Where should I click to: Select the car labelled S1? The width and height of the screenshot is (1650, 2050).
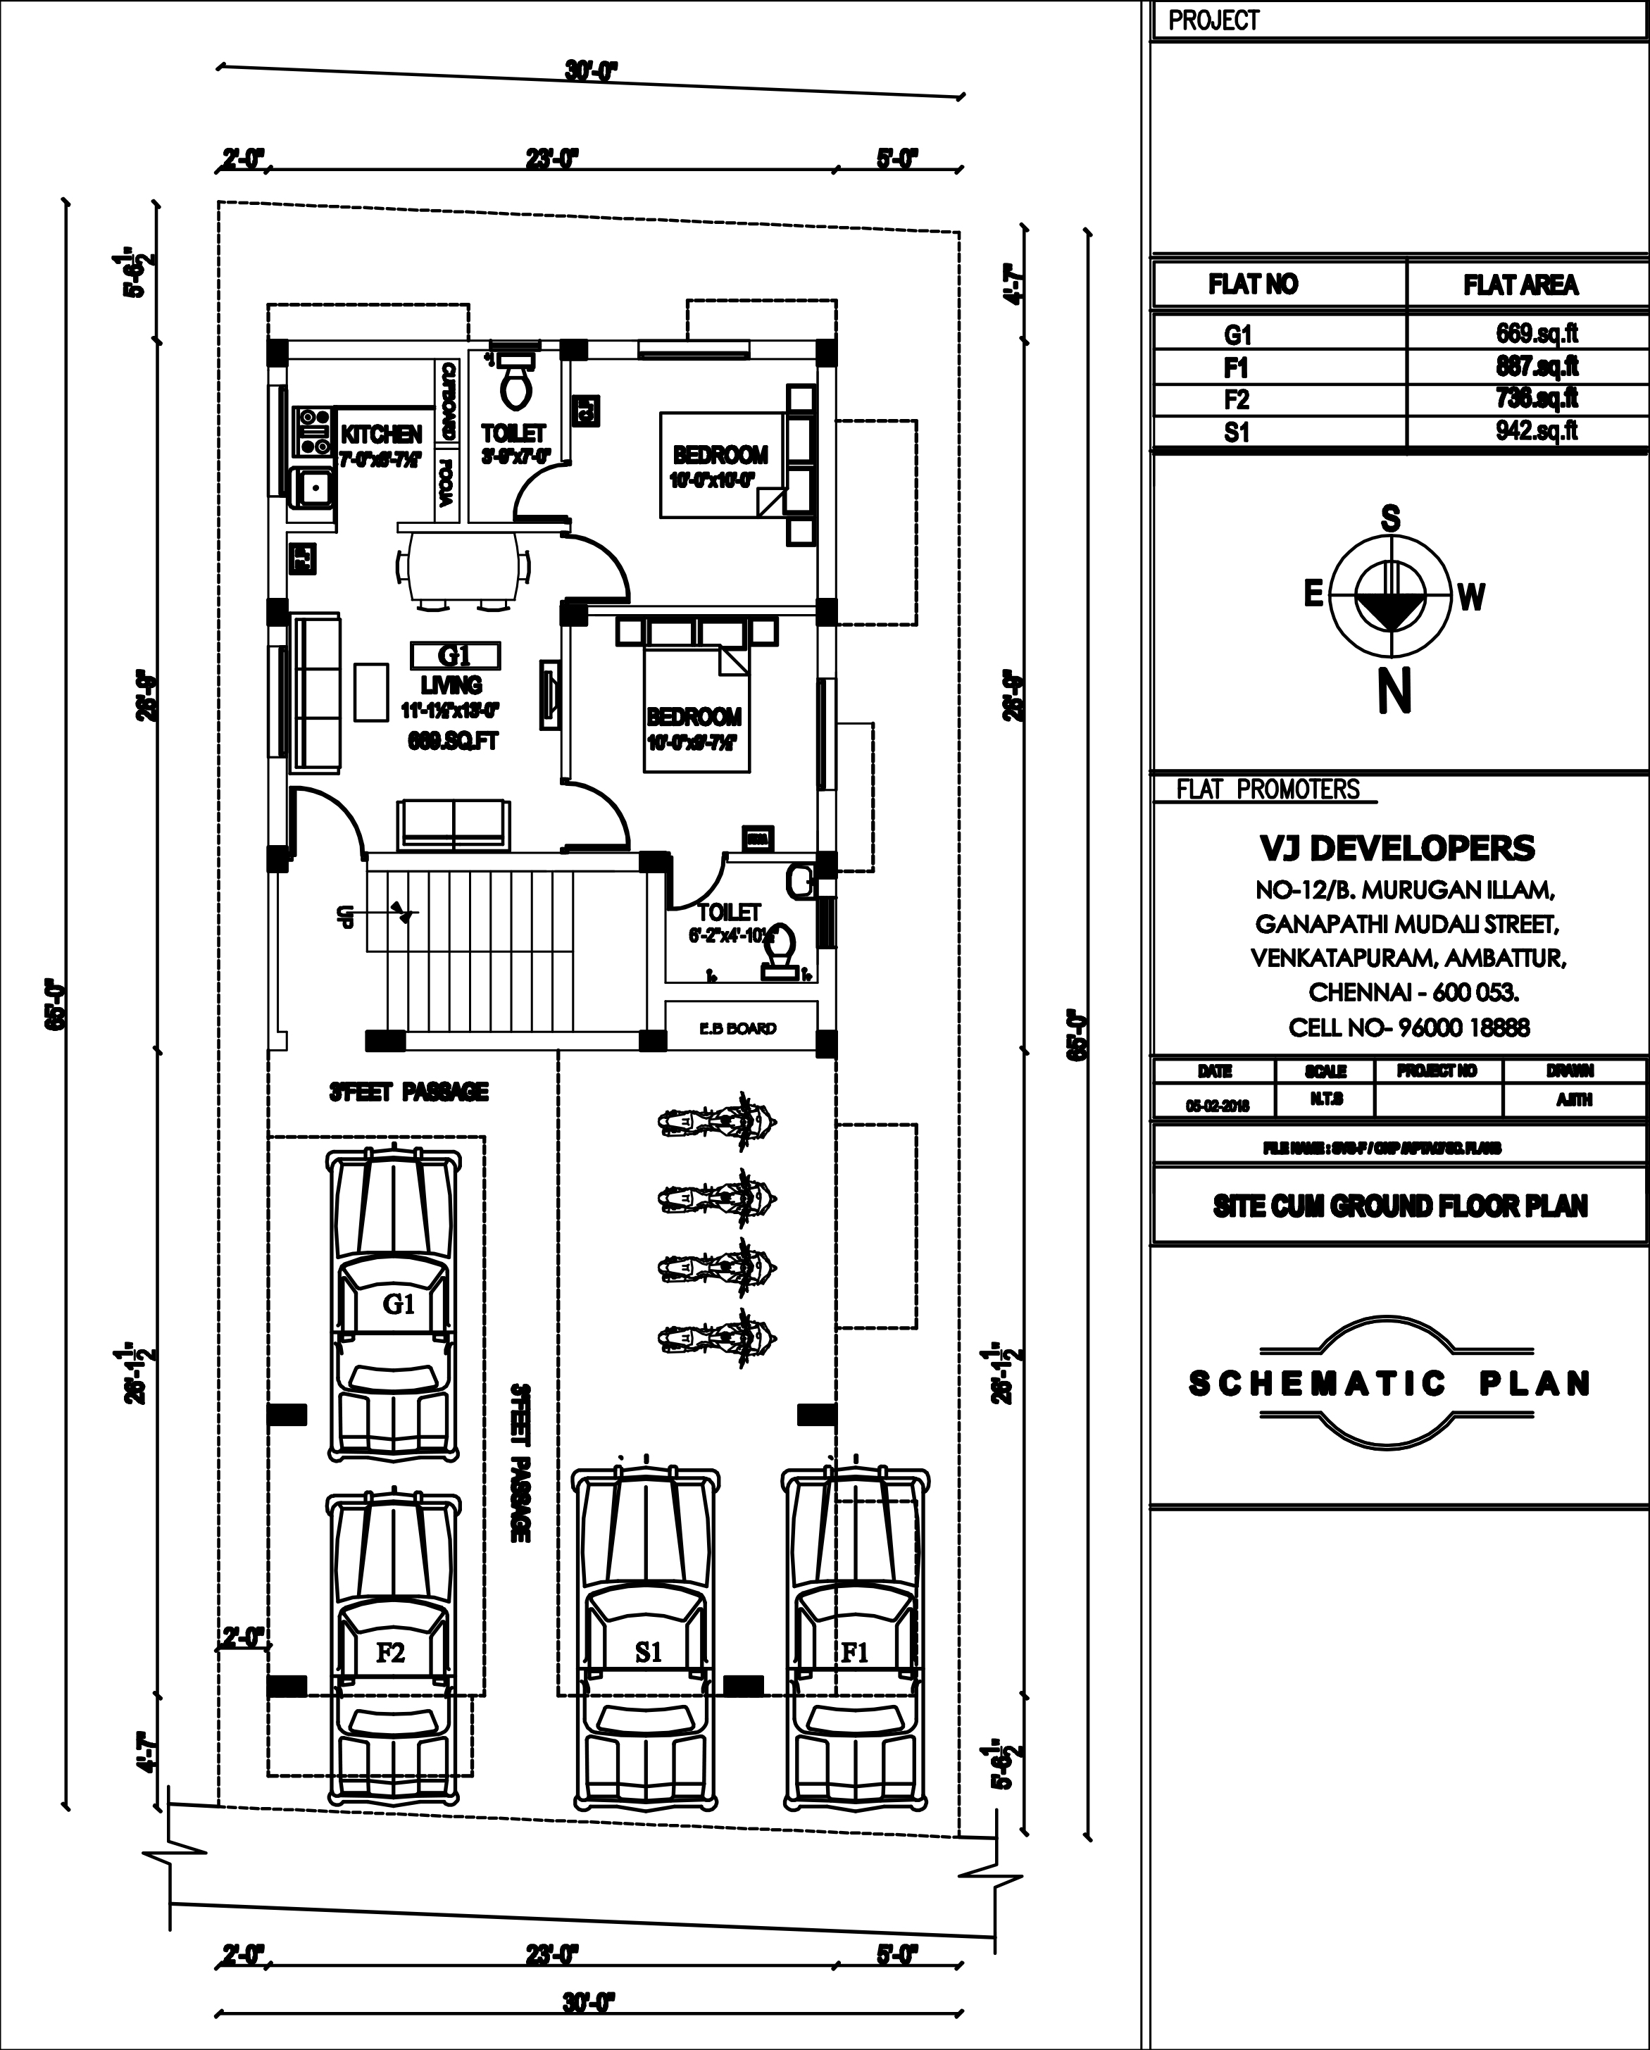[x=646, y=1644]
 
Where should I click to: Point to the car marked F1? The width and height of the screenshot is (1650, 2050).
[x=854, y=1644]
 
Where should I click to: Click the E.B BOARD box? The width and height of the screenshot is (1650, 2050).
[x=738, y=1028]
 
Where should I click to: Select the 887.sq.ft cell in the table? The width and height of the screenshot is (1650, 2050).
[x=1536, y=366]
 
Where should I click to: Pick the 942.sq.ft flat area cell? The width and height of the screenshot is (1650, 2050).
[x=1536, y=431]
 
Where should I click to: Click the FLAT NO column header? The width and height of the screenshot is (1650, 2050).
[x=1253, y=285]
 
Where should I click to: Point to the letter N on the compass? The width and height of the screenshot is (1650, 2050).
[x=1393, y=692]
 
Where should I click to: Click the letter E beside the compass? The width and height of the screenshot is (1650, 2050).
[x=1313, y=595]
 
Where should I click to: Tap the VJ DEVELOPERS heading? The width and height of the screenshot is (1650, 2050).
[x=1397, y=847]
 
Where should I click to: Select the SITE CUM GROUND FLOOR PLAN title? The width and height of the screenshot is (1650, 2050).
[x=1400, y=1206]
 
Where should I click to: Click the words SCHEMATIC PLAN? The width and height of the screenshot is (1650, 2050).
[x=1389, y=1384]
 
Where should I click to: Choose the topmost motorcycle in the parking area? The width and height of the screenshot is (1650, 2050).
[x=718, y=1124]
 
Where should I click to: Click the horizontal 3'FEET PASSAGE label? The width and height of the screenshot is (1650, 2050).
[x=409, y=1092]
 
